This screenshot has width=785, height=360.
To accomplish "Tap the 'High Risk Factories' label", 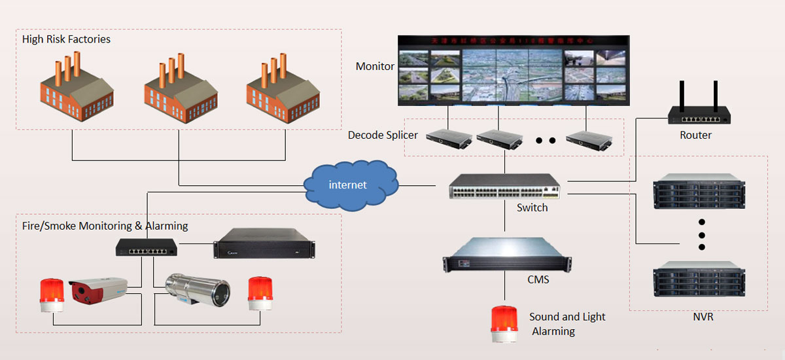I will click(x=66, y=39).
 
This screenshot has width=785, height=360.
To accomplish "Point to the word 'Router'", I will click(x=695, y=135).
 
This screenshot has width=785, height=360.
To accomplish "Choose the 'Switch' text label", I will click(x=532, y=207).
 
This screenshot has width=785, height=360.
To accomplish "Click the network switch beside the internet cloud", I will click(x=504, y=187).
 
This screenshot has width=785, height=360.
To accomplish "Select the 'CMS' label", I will click(x=538, y=280).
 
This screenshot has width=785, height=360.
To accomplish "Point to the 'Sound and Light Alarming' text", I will click(x=567, y=324).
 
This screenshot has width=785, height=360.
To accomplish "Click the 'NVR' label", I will click(x=703, y=317).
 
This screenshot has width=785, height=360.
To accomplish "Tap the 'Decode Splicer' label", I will click(x=383, y=135).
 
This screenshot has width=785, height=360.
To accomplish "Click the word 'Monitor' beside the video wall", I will click(x=375, y=66).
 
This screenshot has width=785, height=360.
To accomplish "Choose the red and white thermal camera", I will click(x=98, y=291).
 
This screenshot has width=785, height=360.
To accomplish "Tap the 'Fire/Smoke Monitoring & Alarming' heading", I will click(x=105, y=226).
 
